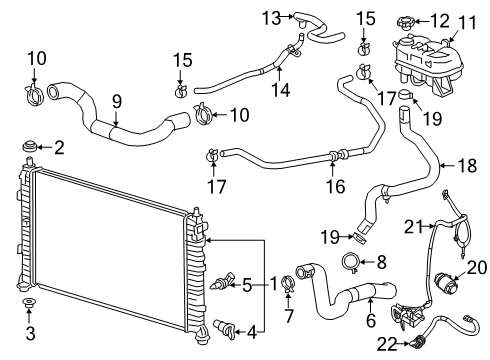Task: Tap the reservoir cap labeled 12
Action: [x=409, y=21]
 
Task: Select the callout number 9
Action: [x=116, y=100]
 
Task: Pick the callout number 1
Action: [x=272, y=283]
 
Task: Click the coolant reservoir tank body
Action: [x=430, y=60]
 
